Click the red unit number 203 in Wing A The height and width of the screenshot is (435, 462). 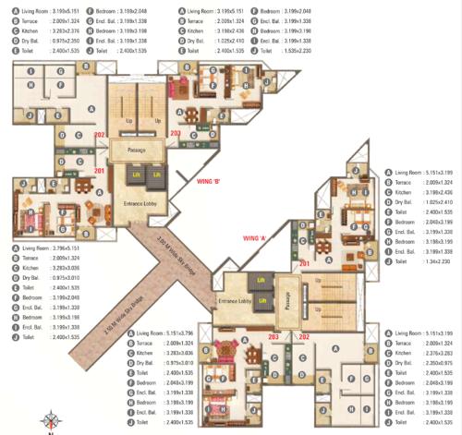click(x=273, y=310)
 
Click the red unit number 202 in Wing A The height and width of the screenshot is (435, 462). click(x=299, y=310)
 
